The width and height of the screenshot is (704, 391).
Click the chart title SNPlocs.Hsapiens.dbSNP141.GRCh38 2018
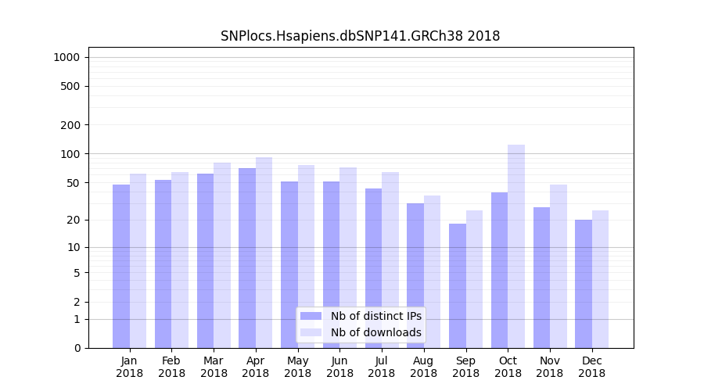click(x=360, y=36)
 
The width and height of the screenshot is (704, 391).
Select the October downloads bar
click(x=516, y=246)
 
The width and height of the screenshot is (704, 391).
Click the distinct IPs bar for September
click(x=458, y=285)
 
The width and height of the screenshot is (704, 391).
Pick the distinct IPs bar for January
click(x=121, y=266)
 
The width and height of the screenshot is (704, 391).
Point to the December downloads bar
click(x=600, y=279)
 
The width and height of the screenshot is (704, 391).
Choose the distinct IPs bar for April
click(x=247, y=258)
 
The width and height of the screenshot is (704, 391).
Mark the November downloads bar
click(x=559, y=266)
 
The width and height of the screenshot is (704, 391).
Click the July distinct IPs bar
click(x=373, y=268)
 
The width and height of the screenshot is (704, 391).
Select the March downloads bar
click(x=222, y=255)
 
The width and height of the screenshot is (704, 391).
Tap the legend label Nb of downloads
click(x=375, y=332)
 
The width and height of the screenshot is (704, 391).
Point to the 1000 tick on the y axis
click(x=66, y=57)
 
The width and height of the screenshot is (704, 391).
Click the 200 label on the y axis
click(x=70, y=125)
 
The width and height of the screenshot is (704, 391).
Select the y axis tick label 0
click(x=77, y=348)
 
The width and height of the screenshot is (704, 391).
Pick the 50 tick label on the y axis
click(x=73, y=183)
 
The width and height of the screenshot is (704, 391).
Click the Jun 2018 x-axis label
click(x=339, y=367)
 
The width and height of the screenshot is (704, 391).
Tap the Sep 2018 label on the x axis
click(x=465, y=367)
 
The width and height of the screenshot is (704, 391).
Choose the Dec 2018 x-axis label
click(x=591, y=367)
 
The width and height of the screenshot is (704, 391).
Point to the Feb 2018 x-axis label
click(x=171, y=367)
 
